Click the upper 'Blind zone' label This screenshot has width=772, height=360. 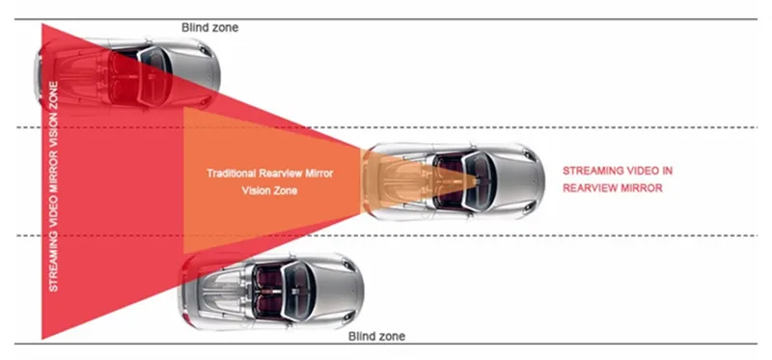209,28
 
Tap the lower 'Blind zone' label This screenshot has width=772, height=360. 376,337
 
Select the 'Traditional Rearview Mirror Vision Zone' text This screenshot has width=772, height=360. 269,181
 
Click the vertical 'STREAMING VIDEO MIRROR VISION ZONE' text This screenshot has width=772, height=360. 54,186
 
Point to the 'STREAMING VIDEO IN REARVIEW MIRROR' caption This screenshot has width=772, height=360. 618,180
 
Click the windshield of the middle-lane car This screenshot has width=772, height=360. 479,181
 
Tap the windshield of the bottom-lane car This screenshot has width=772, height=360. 299,291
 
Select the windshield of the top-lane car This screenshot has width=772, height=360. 155,76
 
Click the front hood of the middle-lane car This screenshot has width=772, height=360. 519,181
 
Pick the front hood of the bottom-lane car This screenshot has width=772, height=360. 340,291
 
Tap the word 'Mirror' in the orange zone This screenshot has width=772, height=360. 317,174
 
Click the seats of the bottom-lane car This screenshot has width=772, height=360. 269,291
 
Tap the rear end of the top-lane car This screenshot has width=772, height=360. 39,75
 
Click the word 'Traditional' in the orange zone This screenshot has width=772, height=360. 231,174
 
